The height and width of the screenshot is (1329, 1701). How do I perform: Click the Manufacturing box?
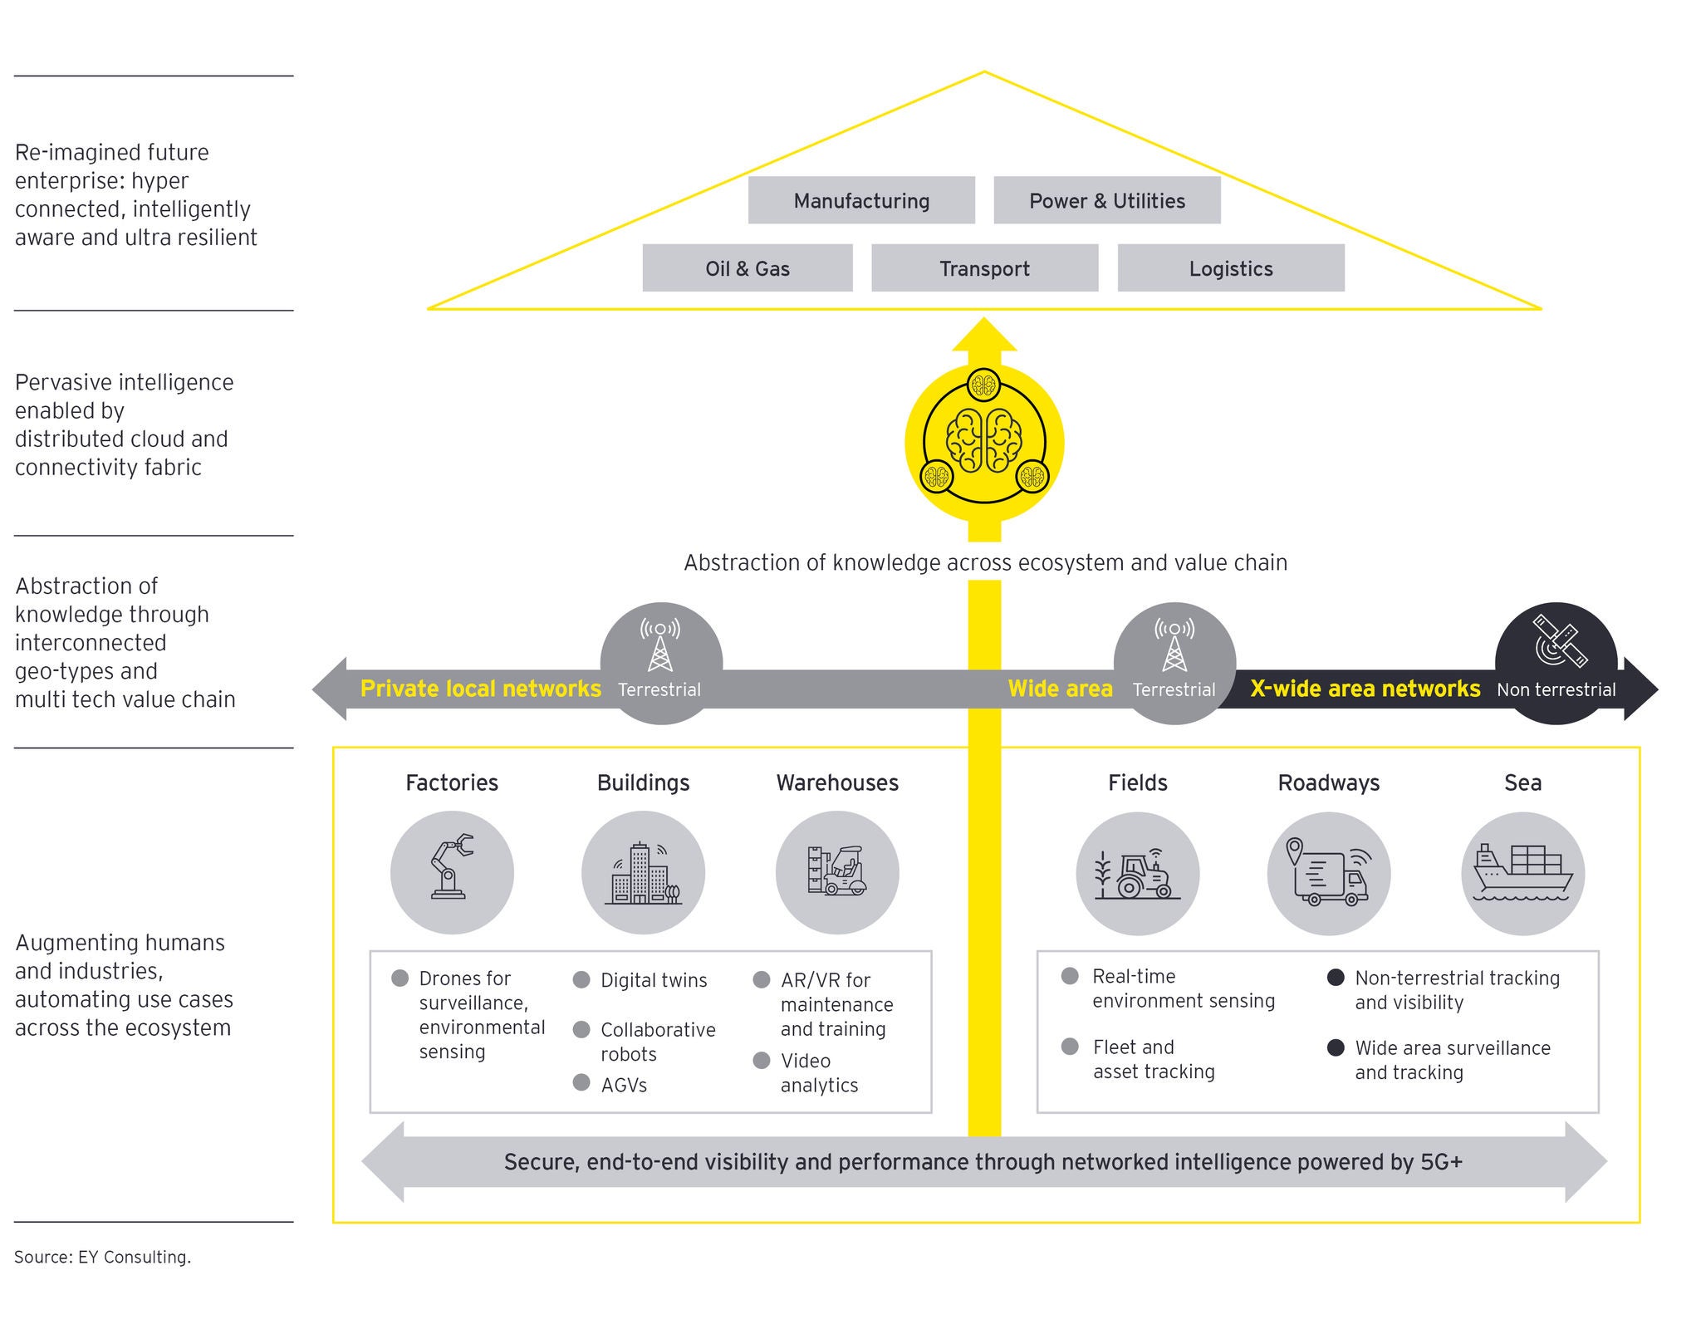[x=861, y=200]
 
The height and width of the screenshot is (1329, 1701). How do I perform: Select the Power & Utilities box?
[x=1106, y=200]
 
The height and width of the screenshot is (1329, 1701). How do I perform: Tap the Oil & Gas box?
[x=748, y=268]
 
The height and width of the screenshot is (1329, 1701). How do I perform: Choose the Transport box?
[x=984, y=268]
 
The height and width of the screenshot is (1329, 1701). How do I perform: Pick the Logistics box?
[x=1230, y=268]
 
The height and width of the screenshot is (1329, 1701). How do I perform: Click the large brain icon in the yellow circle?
[x=984, y=440]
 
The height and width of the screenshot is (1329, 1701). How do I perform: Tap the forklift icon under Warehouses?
[x=836, y=870]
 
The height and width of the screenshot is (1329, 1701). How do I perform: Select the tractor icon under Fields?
[x=1138, y=875]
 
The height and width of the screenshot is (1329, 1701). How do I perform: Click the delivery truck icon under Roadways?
[x=1328, y=875]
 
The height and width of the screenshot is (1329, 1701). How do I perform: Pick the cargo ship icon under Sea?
[x=1522, y=872]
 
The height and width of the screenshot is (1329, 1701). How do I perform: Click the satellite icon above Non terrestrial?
[x=1559, y=640]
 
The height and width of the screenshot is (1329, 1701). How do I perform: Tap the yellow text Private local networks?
[x=480, y=689]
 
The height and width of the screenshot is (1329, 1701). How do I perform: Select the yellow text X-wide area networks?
[x=1365, y=689]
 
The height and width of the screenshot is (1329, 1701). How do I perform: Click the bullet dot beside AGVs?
[x=581, y=1082]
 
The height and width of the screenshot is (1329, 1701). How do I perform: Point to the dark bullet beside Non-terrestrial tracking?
[x=1336, y=978]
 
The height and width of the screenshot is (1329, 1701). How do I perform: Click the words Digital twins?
[x=654, y=980]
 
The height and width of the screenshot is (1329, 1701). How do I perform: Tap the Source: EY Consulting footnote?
[x=102, y=1257]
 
